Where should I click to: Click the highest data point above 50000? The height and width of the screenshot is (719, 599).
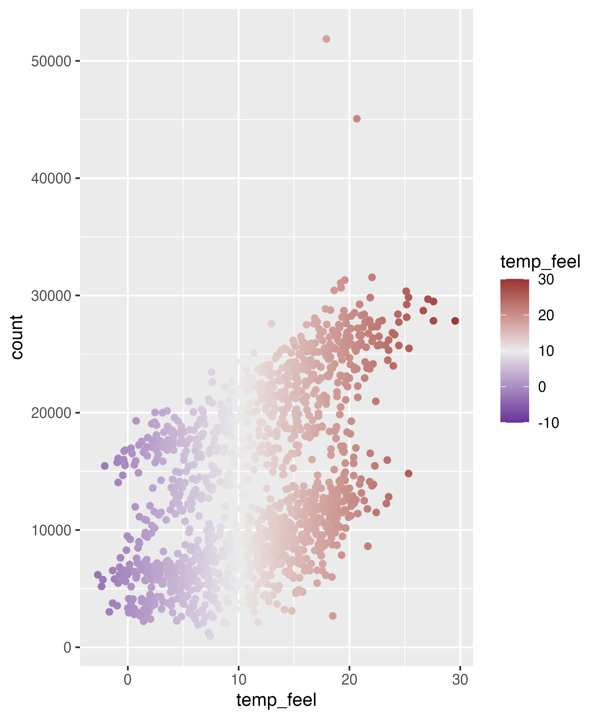[x=326, y=39]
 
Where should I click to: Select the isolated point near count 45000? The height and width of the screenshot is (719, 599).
[x=357, y=119]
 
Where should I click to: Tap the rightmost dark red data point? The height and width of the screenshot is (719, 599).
[x=455, y=321]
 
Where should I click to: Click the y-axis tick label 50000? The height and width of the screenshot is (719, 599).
[x=51, y=62]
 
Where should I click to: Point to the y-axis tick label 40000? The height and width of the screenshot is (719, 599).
[x=51, y=178]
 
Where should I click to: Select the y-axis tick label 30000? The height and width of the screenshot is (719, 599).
[x=51, y=296]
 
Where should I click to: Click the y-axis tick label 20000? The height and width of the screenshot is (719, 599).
[x=51, y=413]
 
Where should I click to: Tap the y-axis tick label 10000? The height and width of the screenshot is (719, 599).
[x=51, y=530]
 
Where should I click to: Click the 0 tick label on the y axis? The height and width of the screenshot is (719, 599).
[x=67, y=647]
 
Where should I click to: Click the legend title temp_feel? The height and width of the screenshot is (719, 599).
[x=540, y=262]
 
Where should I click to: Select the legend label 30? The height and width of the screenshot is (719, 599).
[x=546, y=280]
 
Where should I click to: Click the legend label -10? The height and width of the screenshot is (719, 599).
[x=548, y=423]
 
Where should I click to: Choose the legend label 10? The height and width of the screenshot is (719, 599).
[x=546, y=351]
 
